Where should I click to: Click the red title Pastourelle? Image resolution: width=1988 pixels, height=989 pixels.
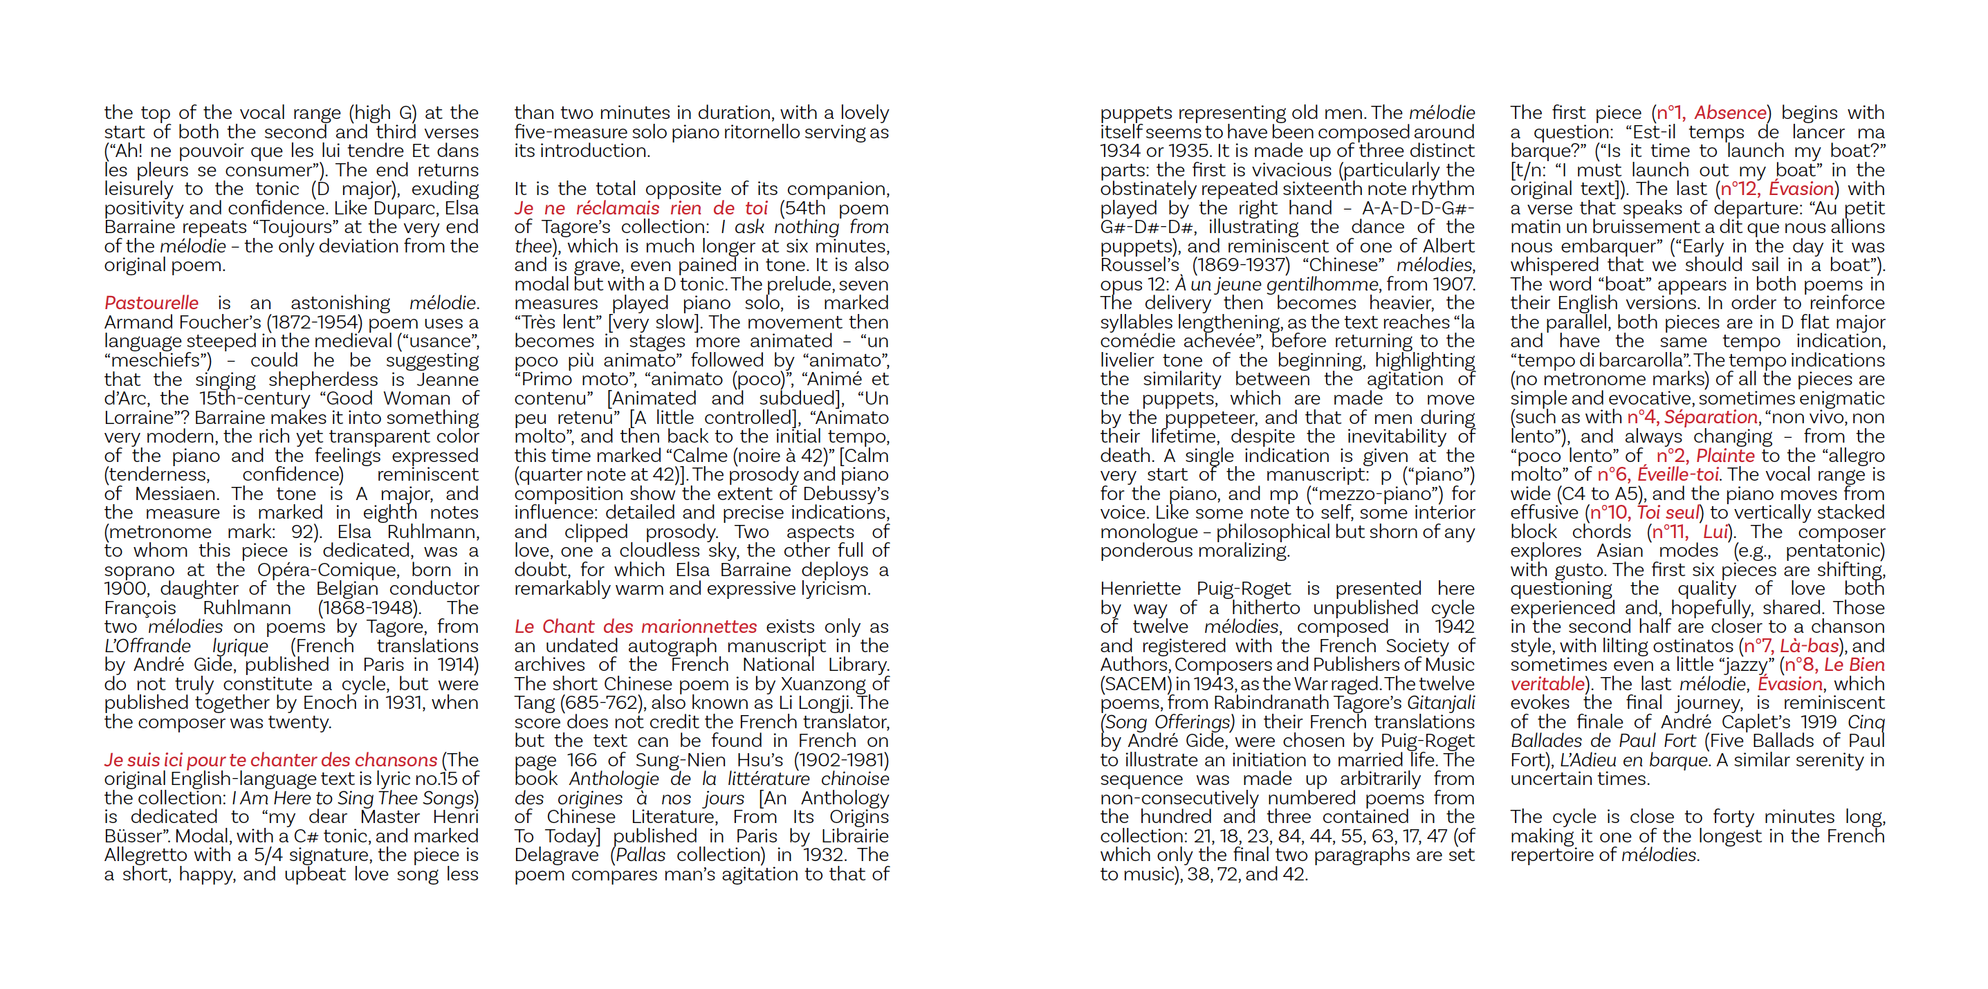point(151,303)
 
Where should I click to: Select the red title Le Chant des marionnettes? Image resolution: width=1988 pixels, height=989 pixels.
point(635,627)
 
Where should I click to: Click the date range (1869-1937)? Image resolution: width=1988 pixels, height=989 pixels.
point(1241,266)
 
